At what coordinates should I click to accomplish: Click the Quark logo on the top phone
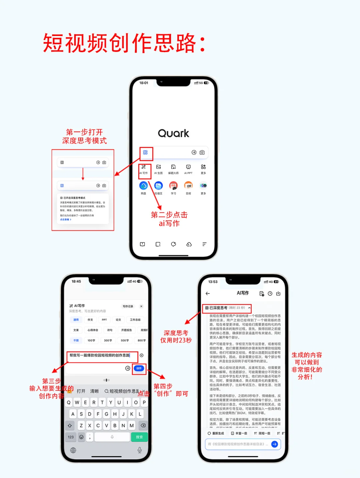[x=173, y=134]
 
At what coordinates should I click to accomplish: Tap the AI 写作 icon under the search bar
[x=144, y=167]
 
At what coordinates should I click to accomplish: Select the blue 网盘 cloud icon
[x=143, y=186]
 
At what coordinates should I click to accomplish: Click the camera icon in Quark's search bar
[x=202, y=152]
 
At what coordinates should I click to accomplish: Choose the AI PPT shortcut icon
[x=188, y=167]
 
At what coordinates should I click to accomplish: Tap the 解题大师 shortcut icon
[x=173, y=167]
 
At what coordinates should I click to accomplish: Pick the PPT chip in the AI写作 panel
[x=104, y=320]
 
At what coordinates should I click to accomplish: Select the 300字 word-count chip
[x=108, y=340]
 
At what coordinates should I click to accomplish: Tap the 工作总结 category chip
[x=135, y=320]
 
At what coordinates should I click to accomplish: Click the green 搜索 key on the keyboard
[x=139, y=437]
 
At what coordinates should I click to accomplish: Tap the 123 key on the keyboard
[x=71, y=437]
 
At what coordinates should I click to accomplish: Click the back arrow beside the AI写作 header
[x=208, y=293]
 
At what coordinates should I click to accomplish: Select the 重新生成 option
[x=216, y=433]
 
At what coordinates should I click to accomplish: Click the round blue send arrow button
[x=275, y=444]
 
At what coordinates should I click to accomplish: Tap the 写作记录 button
[x=128, y=306]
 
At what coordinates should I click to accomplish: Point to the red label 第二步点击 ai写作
[x=169, y=219]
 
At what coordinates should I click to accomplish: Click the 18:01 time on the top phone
[x=144, y=83]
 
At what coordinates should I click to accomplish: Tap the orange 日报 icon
[x=188, y=186]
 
